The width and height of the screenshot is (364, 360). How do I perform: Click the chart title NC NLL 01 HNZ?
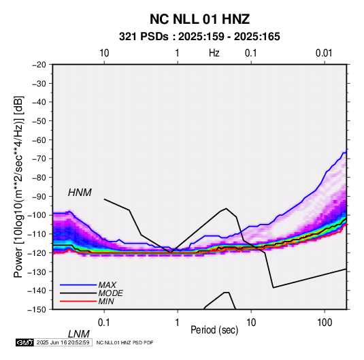[x=199, y=19]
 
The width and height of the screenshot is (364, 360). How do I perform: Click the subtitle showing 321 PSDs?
[x=199, y=37]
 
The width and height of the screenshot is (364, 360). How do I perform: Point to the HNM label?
[x=80, y=193]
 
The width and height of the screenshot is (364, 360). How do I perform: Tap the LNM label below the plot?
[x=79, y=334]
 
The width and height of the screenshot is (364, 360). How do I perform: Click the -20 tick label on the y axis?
[x=39, y=65]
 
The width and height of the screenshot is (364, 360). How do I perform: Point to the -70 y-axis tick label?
[x=39, y=159]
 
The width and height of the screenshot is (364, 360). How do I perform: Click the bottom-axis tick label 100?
[x=325, y=323]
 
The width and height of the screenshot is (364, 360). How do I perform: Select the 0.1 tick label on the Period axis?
[x=104, y=323]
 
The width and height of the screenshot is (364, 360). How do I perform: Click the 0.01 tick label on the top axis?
[x=324, y=53]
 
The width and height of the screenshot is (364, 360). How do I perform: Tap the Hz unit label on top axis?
[x=214, y=53]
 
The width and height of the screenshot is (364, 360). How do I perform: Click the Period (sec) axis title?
[x=214, y=330]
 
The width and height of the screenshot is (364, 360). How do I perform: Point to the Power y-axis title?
[x=18, y=186]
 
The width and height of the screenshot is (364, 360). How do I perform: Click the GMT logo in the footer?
[x=24, y=342]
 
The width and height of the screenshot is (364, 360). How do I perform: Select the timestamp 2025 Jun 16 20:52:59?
[x=63, y=342]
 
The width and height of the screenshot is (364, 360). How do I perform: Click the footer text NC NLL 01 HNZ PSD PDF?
[x=125, y=342]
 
